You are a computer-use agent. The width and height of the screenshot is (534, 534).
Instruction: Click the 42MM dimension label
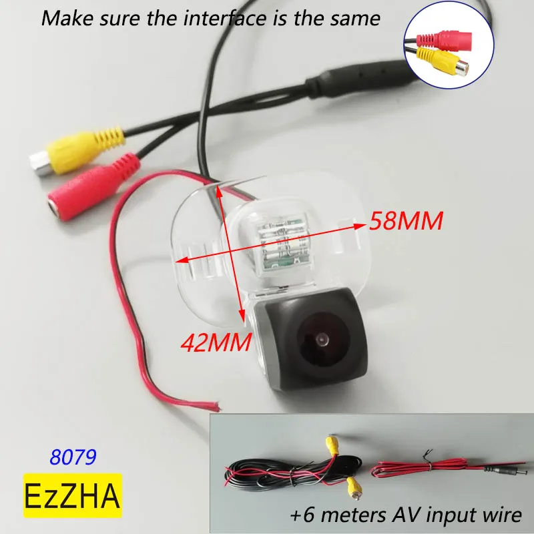(216, 343)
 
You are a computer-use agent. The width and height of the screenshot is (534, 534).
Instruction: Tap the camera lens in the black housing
(322, 341)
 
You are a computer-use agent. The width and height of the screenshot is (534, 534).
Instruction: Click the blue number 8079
(73, 457)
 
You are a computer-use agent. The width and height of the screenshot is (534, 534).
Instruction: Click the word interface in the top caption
(206, 17)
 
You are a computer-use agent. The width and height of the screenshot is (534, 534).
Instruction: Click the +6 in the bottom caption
(303, 515)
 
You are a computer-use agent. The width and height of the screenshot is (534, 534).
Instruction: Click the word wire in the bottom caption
(499, 515)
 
